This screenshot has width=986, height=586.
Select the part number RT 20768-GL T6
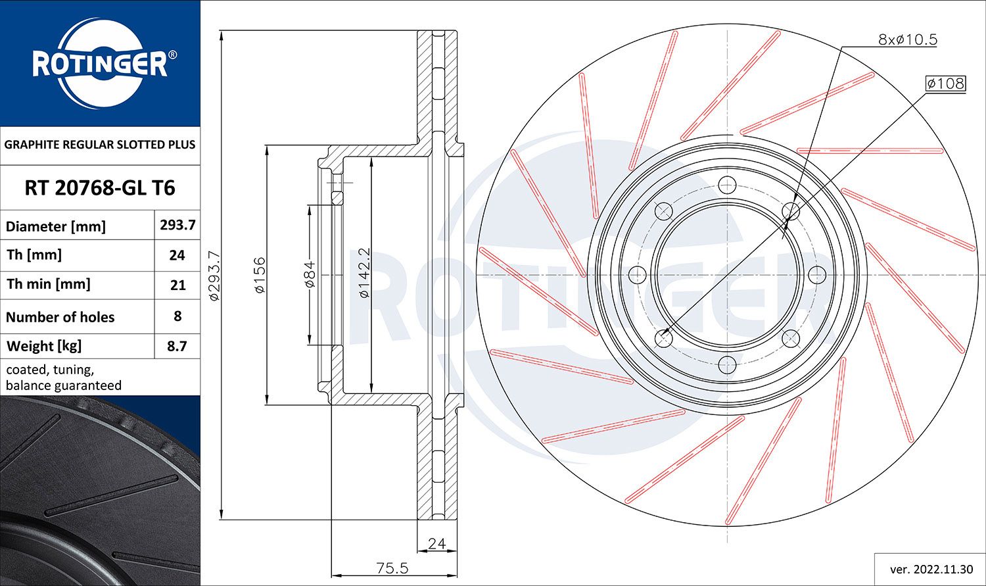(100, 188)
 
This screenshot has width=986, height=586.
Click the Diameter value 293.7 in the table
(177, 225)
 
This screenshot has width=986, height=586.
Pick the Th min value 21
(177, 285)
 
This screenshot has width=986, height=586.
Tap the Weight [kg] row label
(44, 346)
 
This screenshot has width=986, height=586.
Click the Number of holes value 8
(177, 316)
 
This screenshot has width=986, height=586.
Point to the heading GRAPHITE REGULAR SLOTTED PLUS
(100, 144)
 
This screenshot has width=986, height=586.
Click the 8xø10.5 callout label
(907, 39)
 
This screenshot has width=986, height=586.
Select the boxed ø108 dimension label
(945, 84)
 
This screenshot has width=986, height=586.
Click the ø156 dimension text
(260, 275)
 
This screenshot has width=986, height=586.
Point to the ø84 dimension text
(310, 274)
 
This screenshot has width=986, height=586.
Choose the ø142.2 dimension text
(364, 273)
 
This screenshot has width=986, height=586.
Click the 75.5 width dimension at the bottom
(392, 568)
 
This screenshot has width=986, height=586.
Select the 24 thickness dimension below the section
(436, 543)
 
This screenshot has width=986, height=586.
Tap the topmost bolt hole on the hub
(726, 184)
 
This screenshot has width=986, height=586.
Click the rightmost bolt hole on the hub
(816, 274)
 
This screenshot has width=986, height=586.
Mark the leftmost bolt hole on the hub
(637, 274)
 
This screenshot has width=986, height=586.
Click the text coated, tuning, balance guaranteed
(64, 378)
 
